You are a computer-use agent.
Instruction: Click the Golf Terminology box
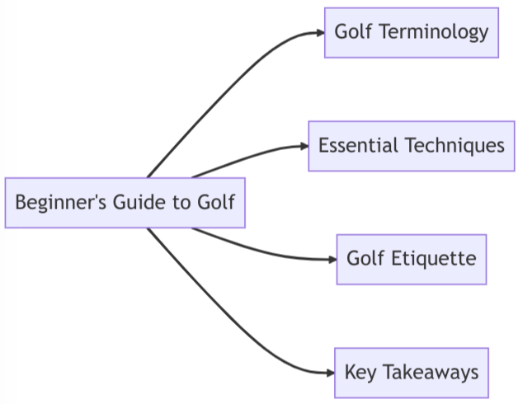pos(412,33)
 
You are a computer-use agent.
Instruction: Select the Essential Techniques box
pos(412,146)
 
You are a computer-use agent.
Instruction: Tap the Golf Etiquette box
pos(412,259)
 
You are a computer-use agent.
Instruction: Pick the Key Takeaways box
pos(412,373)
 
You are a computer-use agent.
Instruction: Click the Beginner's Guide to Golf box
pos(125,203)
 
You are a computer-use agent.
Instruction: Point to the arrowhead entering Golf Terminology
pos(320,33)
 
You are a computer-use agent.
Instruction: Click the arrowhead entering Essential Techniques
pos(304,146)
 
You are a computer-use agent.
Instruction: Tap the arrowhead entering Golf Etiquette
pos(332,259)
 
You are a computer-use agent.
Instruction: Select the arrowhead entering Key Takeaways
pos(329,373)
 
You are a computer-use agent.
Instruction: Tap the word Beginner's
pos(55,203)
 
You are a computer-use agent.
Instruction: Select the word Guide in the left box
pos(133,203)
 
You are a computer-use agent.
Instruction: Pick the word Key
pos(360,373)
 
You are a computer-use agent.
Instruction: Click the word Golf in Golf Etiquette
pos(365,259)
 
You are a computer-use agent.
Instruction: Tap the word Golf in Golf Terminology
pos(352,33)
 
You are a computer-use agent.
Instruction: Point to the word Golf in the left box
pos(217,203)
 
